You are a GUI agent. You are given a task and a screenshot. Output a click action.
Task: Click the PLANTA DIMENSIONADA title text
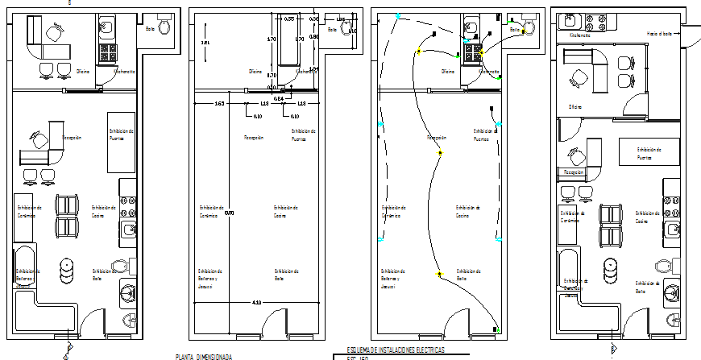[204, 356]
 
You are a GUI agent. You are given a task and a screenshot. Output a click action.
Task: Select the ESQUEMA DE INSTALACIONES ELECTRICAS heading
[395, 350]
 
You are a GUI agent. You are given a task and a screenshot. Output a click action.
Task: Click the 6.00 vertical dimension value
[229, 213]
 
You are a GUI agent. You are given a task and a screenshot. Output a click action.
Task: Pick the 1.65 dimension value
[219, 104]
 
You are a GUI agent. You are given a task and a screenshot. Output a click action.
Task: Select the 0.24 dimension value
[278, 98]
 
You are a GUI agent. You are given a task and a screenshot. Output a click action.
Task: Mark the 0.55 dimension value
[290, 17]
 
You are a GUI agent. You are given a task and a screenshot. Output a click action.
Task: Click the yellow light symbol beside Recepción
[440, 152]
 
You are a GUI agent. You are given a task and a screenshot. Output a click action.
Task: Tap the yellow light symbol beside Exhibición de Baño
[440, 275]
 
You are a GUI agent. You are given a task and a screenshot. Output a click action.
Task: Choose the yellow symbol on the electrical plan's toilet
[521, 31]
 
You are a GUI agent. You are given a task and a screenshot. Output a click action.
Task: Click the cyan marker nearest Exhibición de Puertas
[500, 126]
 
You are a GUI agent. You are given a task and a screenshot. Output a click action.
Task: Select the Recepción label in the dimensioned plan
[254, 138]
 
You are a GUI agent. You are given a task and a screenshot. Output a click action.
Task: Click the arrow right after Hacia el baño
[687, 32]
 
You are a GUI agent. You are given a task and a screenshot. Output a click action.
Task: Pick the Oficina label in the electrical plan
[448, 71]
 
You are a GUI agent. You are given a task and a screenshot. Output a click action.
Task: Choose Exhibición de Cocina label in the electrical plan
[467, 211]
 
